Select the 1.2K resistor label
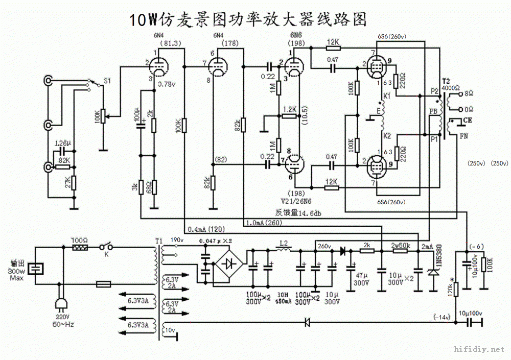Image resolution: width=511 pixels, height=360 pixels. pos(289,109)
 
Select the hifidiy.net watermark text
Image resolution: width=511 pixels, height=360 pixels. pos(479,350)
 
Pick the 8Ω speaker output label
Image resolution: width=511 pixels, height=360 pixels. pos(468,94)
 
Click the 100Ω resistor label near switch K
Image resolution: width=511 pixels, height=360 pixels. pos(79,239)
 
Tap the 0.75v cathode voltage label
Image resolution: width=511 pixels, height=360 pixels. pos(167,84)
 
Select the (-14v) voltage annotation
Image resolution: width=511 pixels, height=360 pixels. pos(442,317)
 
